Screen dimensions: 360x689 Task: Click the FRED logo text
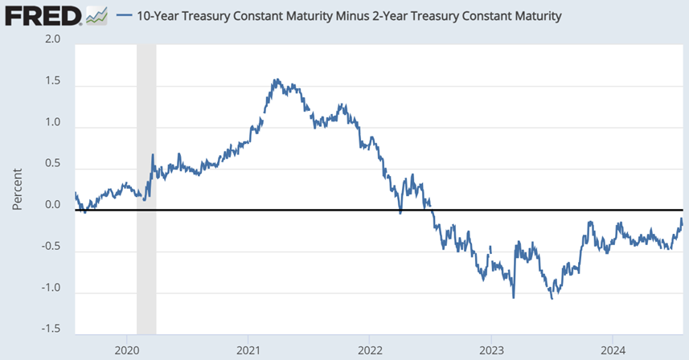pyautogui.click(x=42, y=15)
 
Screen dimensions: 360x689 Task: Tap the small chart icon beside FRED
pyautogui.click(x=96, y=15)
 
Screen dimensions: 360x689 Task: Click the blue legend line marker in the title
pyautogui.click(x=125, y=16)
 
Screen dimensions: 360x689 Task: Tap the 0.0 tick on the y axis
pyautogui.click(x=52, y=205)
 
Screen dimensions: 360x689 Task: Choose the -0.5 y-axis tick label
pyautogui.click(x=51, y=247)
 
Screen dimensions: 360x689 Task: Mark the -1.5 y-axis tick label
pyautogui.click(x=51, y=329)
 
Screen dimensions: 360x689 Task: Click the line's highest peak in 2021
pyautogui.click(x=275, y=80)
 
